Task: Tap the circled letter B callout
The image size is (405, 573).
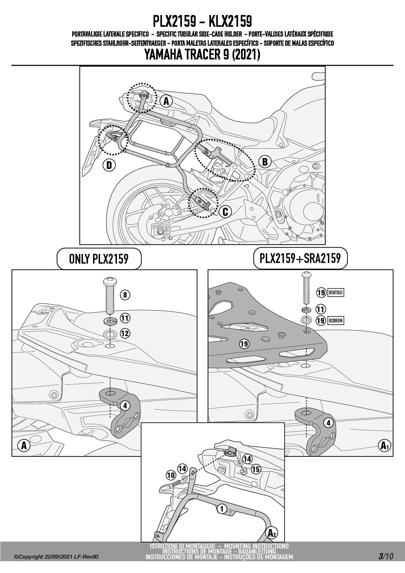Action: pyautogui.click(x=265, y=162)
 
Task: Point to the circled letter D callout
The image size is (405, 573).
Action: pyautogui.click(x=109, y=165)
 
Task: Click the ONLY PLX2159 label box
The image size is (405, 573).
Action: pyautogui.click(x=99, y=259)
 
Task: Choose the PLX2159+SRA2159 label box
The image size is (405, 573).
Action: pyautogui.click(x=300, y=258)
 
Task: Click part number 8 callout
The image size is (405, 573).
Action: pyautogui.click(x=125, y=295)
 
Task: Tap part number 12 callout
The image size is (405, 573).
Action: pyautogui.click(x=125, y=334)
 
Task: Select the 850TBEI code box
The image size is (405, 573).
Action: pyautogui.click(x=335, y=292)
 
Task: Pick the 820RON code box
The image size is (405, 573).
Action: pyautogui.click(x=335, y=320)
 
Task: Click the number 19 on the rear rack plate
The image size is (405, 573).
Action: pyautogui.click(x=244, y=344)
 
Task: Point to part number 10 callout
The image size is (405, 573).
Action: pyautogui.click(x=170, y=475)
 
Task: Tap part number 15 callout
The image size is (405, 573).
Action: pyautogui.click(x=256, y=469)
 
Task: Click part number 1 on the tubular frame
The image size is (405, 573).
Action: pyautogui.click(x=222, y=509)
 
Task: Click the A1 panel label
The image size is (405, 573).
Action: pyautogui.click(x=384, y=446)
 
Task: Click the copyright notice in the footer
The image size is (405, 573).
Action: pyautogui.click(x=56, y=557)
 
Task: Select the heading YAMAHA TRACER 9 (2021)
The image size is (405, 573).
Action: pyautogui.click(x=202, y=54)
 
